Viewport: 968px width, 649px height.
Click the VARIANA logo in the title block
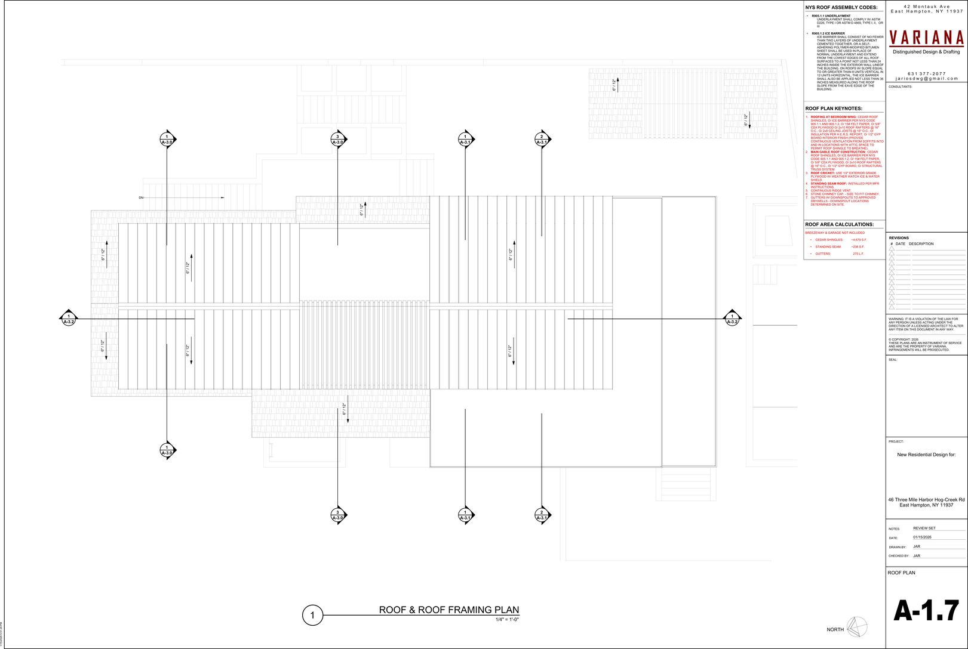point(926,38)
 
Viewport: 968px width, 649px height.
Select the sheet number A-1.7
point(926,611)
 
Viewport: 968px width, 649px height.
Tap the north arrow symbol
point(857,627)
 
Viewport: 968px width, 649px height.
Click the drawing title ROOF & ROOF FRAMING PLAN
point(448,610)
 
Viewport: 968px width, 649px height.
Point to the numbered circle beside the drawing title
point(312,615)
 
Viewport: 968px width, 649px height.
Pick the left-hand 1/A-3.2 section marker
point(69,319)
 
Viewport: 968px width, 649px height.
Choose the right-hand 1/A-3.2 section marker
point(732,319)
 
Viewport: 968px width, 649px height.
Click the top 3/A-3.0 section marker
point(338,140)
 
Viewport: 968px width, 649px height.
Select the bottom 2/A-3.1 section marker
point(542,515)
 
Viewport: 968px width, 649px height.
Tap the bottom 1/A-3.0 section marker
point(167,450)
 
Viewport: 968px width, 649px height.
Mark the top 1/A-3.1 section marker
point(466,140)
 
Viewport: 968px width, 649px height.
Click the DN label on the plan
point(142,197)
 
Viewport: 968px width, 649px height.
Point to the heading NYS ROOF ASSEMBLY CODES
point(841,8)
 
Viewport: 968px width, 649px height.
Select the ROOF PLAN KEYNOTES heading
point(833,109)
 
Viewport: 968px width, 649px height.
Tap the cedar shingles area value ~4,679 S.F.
point(859,240)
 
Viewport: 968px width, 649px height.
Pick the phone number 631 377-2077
point(926,73)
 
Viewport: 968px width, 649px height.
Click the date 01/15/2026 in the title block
point(922,537)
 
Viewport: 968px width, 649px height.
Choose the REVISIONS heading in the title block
point(899,238)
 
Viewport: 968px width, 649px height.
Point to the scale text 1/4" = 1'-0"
point(507,620)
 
